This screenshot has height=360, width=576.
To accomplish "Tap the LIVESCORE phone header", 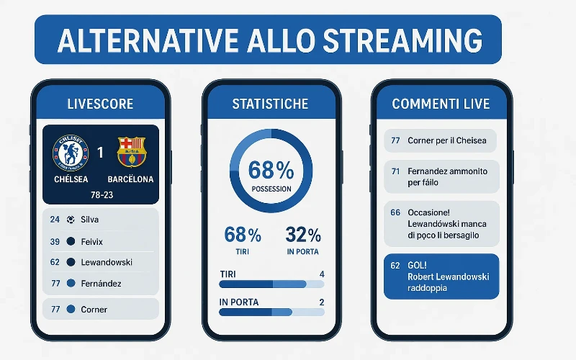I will (100, 104).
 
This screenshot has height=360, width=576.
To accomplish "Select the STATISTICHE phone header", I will (271, 104).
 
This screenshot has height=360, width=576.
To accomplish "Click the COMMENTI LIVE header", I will (441, 104).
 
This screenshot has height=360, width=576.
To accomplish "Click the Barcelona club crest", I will (131, 152).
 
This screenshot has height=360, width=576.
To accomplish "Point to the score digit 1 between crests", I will (100, 153).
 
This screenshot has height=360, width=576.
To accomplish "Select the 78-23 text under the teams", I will (100, 194).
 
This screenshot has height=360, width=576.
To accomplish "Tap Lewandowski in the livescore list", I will (107, 263).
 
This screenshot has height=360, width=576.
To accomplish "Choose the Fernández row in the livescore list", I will (101, 284).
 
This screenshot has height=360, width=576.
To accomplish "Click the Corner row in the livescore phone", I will (94, 309).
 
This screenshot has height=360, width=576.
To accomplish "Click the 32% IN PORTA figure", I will (303, 235).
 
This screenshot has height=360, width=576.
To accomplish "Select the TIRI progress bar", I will (271, 284).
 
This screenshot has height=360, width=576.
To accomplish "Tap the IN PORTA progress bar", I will (271, 312).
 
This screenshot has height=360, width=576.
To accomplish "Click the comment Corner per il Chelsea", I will (441, 140).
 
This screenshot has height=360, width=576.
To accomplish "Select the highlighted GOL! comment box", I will (441, 276).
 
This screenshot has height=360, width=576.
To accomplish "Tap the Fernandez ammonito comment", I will (441, 177).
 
